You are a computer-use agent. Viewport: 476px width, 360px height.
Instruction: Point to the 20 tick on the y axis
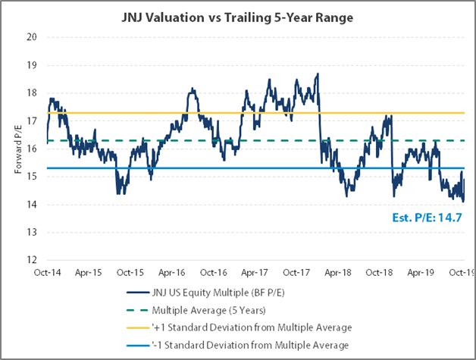pyautogui.click(x=31, y=36)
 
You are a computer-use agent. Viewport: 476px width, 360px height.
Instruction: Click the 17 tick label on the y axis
pyautogui.click(x=31, y=121)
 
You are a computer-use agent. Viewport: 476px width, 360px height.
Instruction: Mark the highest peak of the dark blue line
pyautogui.click(x=318, y=74)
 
